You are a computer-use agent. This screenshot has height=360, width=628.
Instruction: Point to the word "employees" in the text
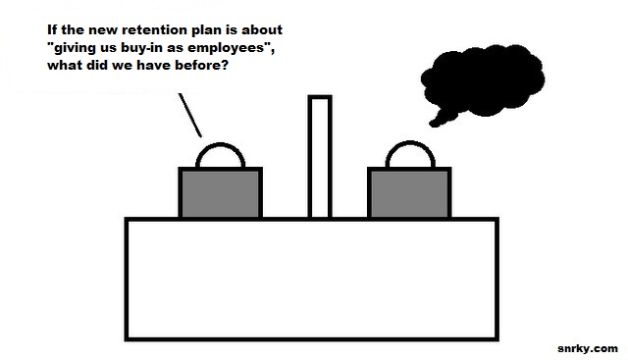point(227,48)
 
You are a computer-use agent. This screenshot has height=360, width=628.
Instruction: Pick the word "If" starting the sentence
point(52,29)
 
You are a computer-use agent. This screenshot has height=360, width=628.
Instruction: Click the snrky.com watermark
point(588,348)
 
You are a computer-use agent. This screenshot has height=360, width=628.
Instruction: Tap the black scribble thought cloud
point(484,80)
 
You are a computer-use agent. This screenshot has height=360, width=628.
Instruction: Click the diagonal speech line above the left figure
point(189,116)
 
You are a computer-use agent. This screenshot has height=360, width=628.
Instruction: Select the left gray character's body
point(220,193)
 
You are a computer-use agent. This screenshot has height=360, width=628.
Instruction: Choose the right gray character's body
point(409,193)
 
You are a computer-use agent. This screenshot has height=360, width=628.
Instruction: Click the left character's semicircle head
point(220,144)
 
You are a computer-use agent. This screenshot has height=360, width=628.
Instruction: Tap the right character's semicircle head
point(410,142)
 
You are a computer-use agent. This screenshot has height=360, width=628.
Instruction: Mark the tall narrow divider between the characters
point(320,157)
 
